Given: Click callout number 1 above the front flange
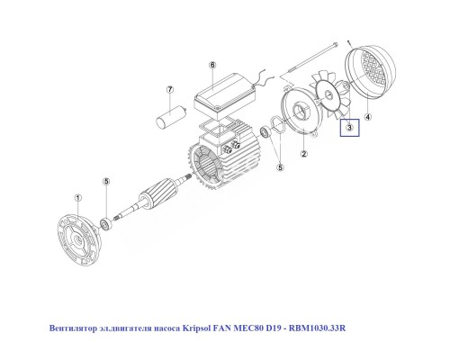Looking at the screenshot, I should pyautogui.click(x=77, y=197).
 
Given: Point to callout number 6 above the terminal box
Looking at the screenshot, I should pyautogui.click(x=212, y=66).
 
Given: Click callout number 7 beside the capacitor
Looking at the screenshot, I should pyautogui.click(x=168, y=90).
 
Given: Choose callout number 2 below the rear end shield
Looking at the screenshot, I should pyautogui.click(x=303, y=154).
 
